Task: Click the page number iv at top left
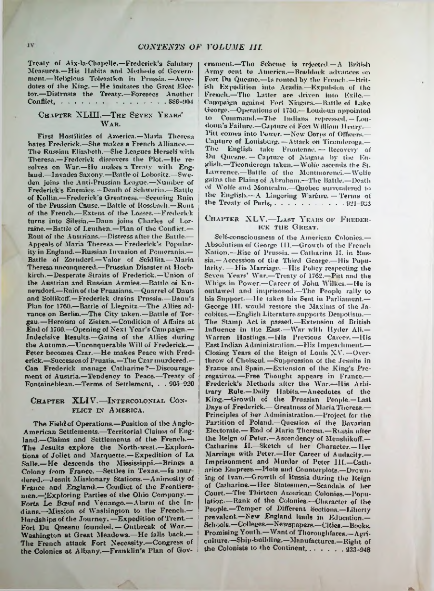pyautogui.click(x=30, y=45)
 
